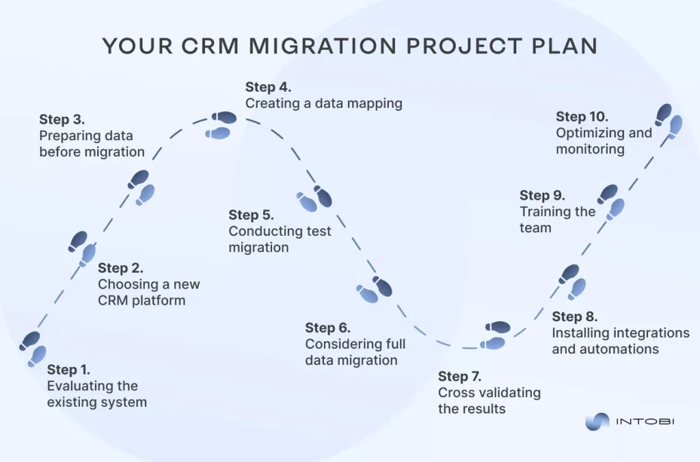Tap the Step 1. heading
(68, 370)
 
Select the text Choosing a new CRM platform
(148, 292)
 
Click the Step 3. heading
(62, 120)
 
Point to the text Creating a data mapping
(323, 104)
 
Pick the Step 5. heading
(251, 215)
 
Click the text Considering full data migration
(355, 352)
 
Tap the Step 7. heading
(460, 377)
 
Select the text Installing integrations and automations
(620, 341)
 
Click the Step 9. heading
(542, 195)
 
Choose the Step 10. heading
(581, 116)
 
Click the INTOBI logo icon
(597, 422)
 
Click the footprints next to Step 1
(33, 349)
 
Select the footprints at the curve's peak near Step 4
(221, 125)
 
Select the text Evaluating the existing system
(96, 394)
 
